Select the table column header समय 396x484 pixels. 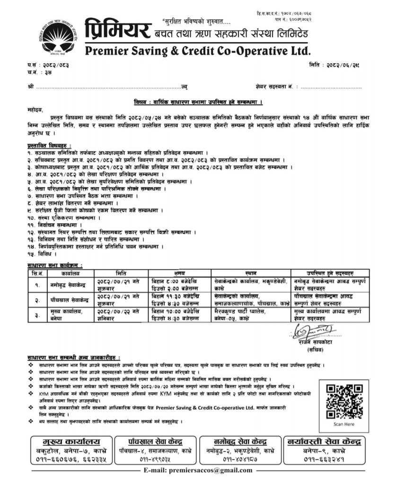click(179, 273)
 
